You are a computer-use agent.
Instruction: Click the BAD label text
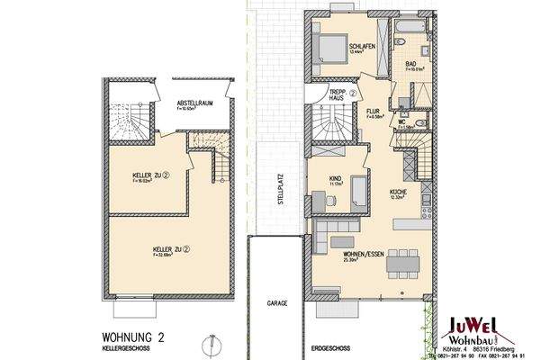pyautogui.click(x=410, y=64)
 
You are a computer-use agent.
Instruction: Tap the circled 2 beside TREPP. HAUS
pyautogui.click(x=354, y=93)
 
